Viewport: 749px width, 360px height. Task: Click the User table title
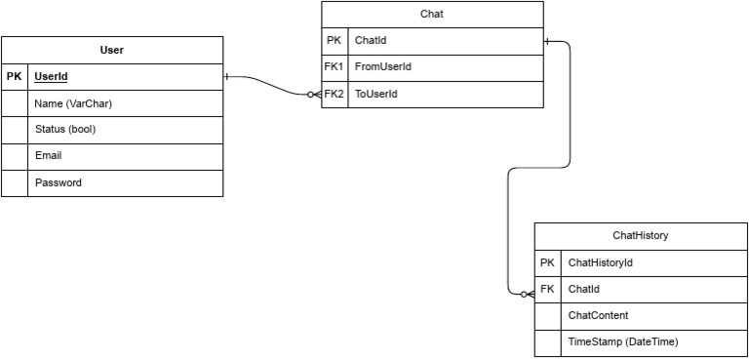tap(112, 50)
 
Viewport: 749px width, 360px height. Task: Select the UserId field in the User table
tap(52, 76)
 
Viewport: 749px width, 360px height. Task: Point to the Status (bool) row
tap(65, 129)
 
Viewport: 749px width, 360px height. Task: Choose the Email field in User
tap(49, 155)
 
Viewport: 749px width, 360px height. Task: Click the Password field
tap(59, 182)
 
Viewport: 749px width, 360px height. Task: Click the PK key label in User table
tap(14, 76)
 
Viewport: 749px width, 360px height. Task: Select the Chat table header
tap(432, 15)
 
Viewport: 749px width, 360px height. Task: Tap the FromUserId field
tap(383, 67)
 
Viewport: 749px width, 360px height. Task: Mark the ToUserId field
tap(376, 94)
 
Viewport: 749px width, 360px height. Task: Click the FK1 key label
tap(335, 67)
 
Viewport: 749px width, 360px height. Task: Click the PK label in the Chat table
tap(334, 41)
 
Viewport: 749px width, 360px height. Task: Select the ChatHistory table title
tap(640, 235)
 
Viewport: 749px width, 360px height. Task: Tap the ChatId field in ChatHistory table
tap(584, 289)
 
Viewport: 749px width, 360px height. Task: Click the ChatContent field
tap(598, 315)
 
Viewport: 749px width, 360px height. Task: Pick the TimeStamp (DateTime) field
tap(622, 342)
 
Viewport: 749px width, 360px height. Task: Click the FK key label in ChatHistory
tap(547, 289)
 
